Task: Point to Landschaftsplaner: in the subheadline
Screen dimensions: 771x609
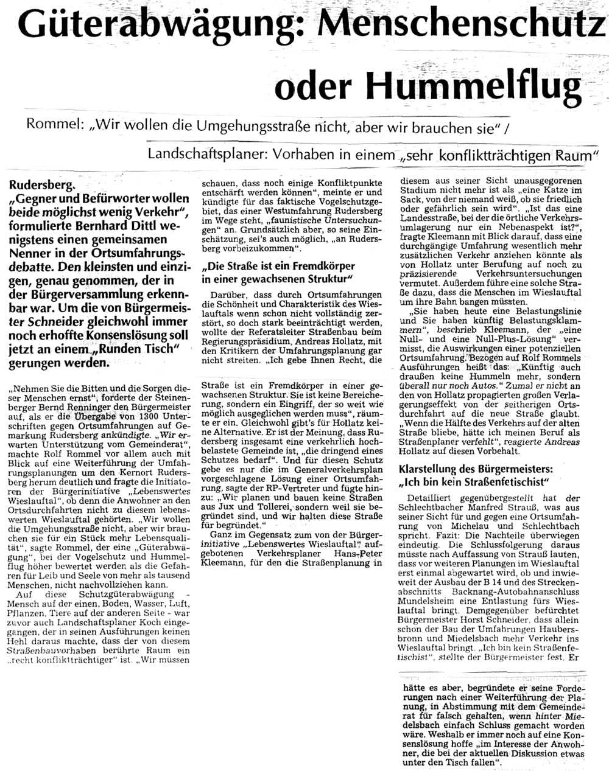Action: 199,155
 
